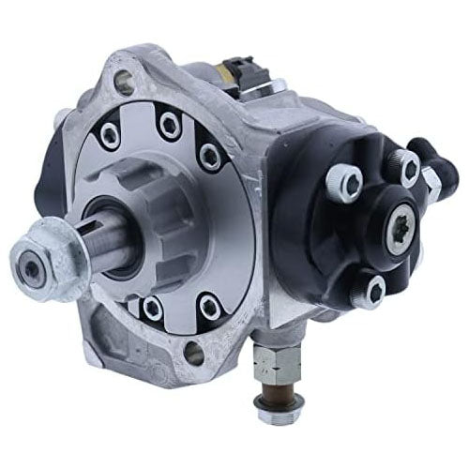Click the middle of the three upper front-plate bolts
168,120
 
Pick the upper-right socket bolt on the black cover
407,168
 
